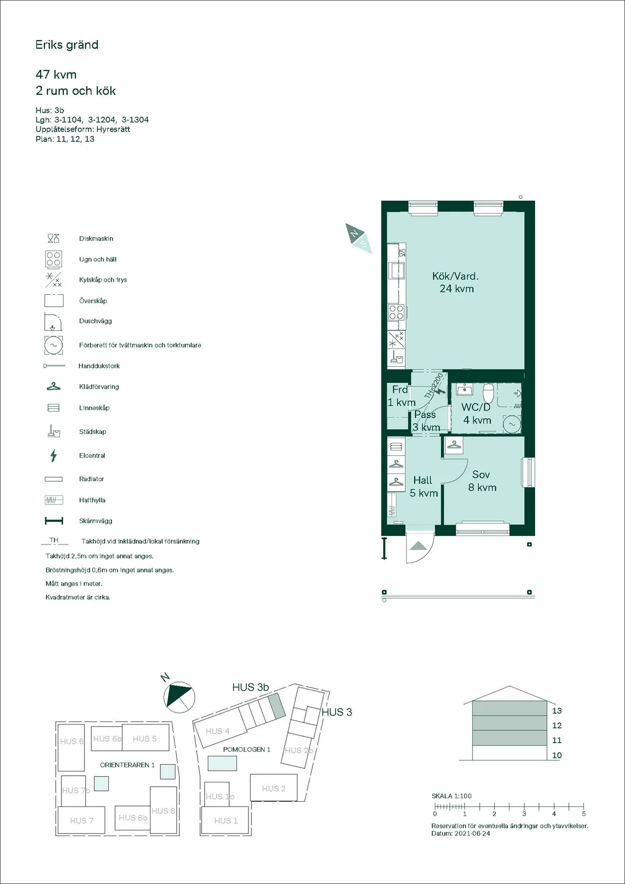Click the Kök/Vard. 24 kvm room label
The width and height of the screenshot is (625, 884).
[x=456, y=282]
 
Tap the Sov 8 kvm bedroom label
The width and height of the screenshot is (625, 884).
[x=482, y=481]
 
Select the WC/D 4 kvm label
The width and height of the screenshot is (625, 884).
[x=477, y=413]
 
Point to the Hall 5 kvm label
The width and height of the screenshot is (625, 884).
[x=423, y=487]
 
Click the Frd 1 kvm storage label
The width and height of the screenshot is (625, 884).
[x=401, y=396]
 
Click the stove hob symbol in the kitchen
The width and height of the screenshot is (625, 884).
[x=396, y=312]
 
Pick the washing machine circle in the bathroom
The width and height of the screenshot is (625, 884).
[x=511, y=424]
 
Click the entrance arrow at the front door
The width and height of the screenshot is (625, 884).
[x=419, y=546]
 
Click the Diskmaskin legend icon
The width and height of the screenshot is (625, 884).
[x=54, y=239]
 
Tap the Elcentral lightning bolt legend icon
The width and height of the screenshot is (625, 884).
[x=53, y=456]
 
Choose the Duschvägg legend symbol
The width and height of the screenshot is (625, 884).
[x=53, y=322]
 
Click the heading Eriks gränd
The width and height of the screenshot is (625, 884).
[x=67, y=45]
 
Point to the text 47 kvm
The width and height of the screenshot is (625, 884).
[x=56, y=74]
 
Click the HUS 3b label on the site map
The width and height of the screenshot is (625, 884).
[x=250, y=687]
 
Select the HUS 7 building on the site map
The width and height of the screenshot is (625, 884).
[x=82, y=820]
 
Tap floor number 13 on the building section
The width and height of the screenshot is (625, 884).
[x=557, y=711]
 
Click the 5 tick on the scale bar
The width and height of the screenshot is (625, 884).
[x=583, y=814]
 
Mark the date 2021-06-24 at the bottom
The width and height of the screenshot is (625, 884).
[x=472, y=833]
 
